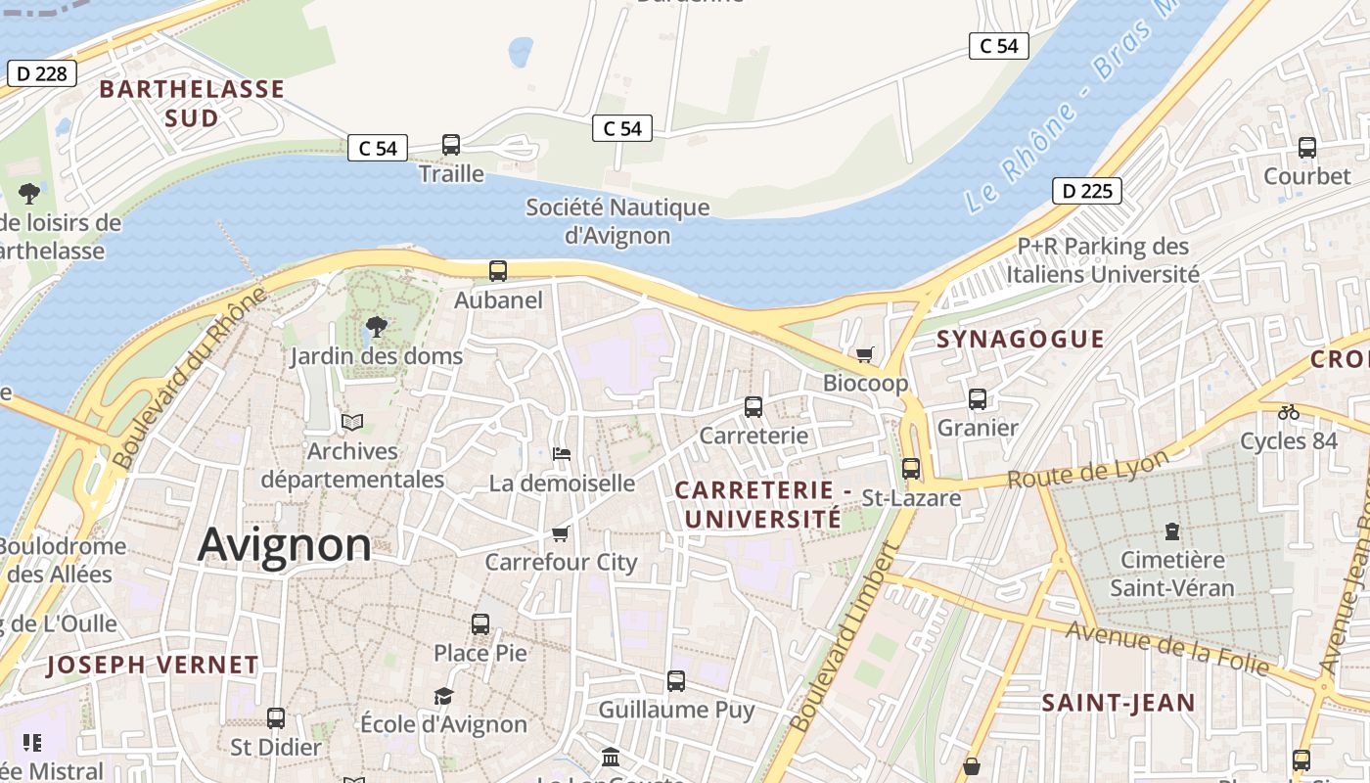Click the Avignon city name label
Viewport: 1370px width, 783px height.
(285, 544)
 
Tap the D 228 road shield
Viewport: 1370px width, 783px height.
(41, 72)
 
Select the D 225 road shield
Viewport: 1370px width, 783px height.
(1086, 191)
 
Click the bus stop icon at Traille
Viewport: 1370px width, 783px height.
(451, 145)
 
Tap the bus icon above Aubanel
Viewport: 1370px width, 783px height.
(498, 271)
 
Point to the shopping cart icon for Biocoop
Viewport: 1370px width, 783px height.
(864, 354)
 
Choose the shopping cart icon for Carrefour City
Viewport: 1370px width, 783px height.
(561, 533)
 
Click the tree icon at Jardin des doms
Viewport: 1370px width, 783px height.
(376, 327)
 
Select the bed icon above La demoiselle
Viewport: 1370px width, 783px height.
(562, 454)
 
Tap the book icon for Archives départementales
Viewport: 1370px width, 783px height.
(352, 422)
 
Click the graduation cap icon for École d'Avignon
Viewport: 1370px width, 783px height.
(444, 696)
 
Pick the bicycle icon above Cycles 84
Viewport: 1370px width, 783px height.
(1289, 413)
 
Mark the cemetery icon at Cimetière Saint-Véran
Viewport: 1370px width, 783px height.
(1171, 532)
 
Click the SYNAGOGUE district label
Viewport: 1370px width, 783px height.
(1021, 340)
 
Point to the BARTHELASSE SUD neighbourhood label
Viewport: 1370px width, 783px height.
(192, 103)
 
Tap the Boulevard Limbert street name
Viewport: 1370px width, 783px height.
(844, 638)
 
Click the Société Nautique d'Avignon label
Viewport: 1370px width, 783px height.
(617, 221)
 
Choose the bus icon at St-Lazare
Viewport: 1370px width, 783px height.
(911, 469)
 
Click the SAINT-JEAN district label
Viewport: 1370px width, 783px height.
(1118, 703)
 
